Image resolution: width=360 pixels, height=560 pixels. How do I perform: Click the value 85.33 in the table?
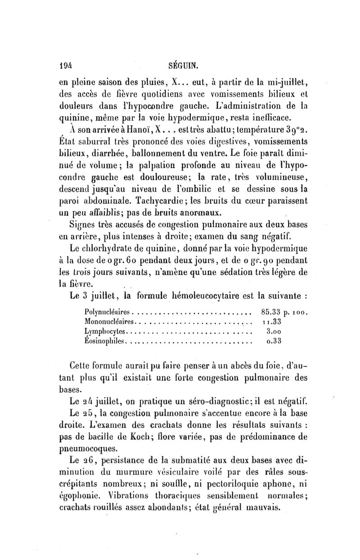[271, 311]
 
